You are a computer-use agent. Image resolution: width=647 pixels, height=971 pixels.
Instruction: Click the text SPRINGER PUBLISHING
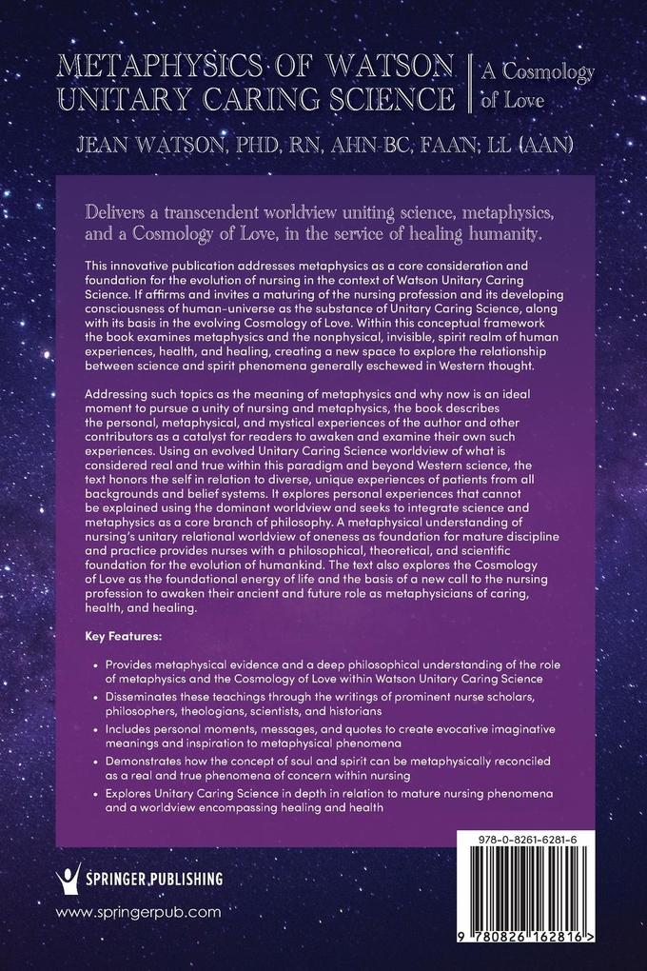click(156, 880)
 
